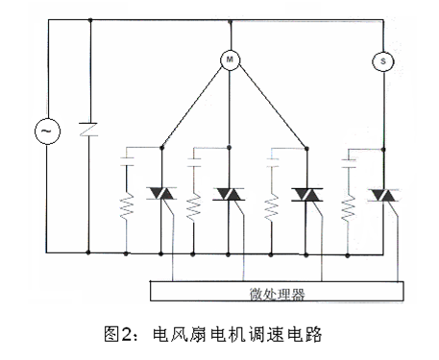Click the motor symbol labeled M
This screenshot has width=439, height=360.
coord(230,60)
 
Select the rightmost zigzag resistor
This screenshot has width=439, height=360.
coord(349,205)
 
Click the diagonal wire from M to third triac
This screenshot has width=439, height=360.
coord(269,106)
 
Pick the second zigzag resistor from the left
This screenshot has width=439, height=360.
coord(195,205)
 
